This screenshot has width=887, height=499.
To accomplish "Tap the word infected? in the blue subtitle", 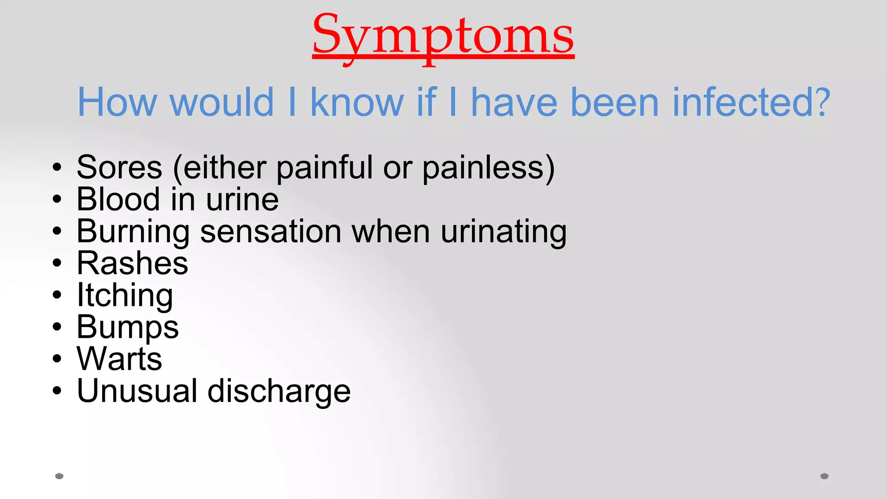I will coord(751,103).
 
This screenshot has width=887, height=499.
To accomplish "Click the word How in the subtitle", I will coord(117,103).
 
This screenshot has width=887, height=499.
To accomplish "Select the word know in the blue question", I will coord(357,103).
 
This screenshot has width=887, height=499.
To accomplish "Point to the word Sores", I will coord(120,168).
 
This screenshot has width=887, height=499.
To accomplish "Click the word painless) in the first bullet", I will coord(489,168).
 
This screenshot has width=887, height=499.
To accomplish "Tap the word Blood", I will coord(118,200).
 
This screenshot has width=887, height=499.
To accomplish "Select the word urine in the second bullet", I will coord(242,200).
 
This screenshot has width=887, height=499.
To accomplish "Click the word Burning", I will coord(133,232).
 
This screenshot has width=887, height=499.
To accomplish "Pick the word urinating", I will coord(504,232).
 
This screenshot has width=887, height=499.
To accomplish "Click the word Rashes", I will coord(132,263).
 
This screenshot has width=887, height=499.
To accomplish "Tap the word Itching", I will coord(125,295).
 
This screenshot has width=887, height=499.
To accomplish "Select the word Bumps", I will coord(127,327).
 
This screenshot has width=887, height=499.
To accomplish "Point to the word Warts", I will coord(119,359).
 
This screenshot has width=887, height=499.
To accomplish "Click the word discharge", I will coord(279,391).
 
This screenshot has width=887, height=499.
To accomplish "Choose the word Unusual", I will coord(137,391).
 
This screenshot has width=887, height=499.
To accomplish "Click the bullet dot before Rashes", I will coord(57,263).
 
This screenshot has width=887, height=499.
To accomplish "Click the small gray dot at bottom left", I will coord(59,476).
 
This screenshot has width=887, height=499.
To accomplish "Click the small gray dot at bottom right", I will coord(824,476).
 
